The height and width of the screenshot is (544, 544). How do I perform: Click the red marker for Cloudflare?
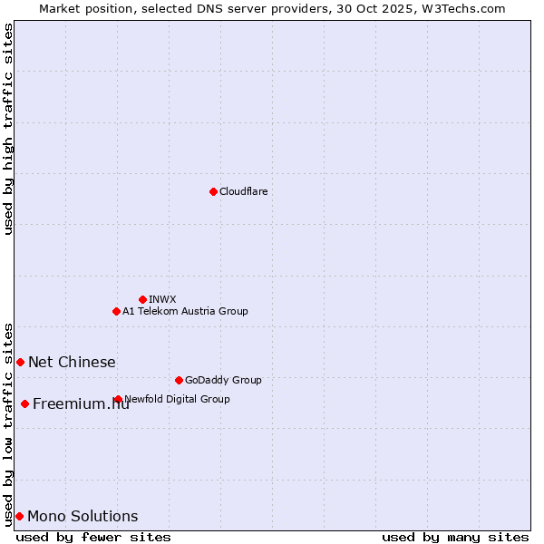pyautogui.click(x=213, y=191)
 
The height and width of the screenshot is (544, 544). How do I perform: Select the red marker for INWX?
pyautogui.click(x=142, y=299)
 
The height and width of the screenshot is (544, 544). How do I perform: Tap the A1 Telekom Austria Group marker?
pyautogui.click(x=116, y=311)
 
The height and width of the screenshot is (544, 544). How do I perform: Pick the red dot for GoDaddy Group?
pyautogui.click(x=179, y=380)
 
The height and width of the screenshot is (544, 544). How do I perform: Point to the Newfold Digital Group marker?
pyautogui.click(x=119, y=399)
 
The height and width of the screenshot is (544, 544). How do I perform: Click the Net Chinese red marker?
pyautogui.click(x=20, y=362)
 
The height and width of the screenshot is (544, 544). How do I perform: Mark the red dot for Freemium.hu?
pyautogui.click(x=24, y=403)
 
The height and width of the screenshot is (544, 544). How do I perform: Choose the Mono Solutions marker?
pyautogui.click(x=19, y=516)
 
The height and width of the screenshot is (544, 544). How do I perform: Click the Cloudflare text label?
pyautogui.click(x=243, y=191)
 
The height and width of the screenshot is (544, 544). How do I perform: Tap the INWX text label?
pyautogui.click(x=162, y=299)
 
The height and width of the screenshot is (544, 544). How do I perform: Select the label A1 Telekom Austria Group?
pyautogui.click(x=185, y=311)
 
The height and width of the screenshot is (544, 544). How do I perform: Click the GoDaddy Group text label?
pyautogui.click(x=223, y=380)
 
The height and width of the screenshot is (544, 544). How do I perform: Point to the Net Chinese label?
pyautogui.click(x=72, y=362)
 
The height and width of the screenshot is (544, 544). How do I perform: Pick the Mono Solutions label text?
pyautogui.click(x=83, y=516)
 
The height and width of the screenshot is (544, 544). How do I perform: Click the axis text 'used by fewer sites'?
pyautogui.click(x=93, y=537)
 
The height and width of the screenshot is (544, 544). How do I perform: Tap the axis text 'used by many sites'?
pyautogui.click(x=455, y=537)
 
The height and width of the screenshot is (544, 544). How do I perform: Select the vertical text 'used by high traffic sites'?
pyautogui.click(x=8, y=129)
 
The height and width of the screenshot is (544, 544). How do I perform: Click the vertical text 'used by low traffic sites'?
pyautogui.click(x=8, y=423)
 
